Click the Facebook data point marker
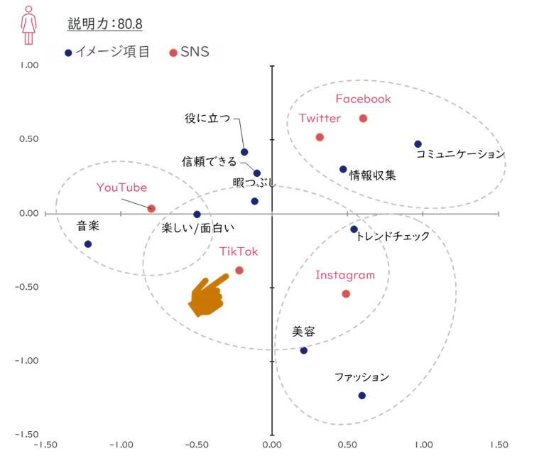point(363,119)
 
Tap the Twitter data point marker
point(320,137)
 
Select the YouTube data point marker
point(151,209)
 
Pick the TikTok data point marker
point(239,270)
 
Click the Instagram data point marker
point(346,293)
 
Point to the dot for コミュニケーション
point(418,144)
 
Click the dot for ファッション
point(361,396)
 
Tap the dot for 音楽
point(88,244)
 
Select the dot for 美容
point(304,350)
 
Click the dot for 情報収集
point(343,169)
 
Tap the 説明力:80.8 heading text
point(105,24)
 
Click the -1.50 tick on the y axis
point(27,434)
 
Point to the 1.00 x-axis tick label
point(424,445)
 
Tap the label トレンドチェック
point(393,236)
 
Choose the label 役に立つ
point(207,119)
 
